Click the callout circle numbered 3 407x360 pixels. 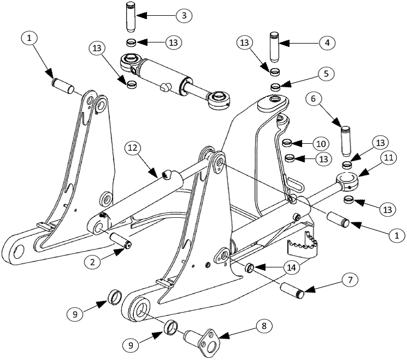pyautogui.click(x=184, y=16)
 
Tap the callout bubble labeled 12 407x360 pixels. pyautogui.click(x=134, y=148)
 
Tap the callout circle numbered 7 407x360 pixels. pyautogui.click(x=349, y=280)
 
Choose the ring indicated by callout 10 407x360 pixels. pyautogui.click(x=288, y=143)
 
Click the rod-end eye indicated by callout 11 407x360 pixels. pyautogui.click(x=347, y=179)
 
